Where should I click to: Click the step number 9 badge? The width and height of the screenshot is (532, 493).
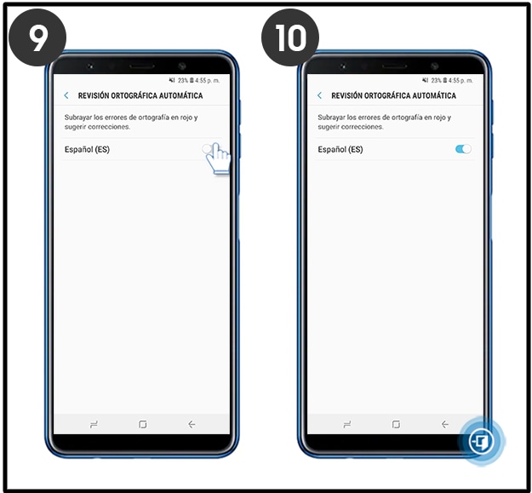(x=37, y=37)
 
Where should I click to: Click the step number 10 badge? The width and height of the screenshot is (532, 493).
(x=290, y=37)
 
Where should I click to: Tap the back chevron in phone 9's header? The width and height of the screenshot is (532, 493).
(x=66, y=95)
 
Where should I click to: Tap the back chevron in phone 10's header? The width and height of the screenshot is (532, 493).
(x=319, y=95)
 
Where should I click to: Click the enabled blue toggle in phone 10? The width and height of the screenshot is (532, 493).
(x=463, y=149)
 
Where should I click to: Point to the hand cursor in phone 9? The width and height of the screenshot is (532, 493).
(x=218, y=158)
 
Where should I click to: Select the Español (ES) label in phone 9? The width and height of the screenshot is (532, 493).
(x=87, y=149)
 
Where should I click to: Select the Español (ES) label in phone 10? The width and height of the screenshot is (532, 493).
(x=340, y=149)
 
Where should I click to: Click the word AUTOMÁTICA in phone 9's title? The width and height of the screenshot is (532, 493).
(x=180, y=95)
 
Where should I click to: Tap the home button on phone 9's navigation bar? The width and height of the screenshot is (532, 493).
(x=143, y=424)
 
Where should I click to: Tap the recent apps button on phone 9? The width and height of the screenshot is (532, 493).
(x=94, y=424)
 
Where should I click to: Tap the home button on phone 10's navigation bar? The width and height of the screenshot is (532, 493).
(x=396, y=424)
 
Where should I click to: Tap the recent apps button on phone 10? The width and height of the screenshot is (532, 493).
(x=347, y=424)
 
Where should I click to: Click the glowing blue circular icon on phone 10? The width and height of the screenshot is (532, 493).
(x=482, y=441)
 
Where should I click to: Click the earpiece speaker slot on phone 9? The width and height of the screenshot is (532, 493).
(x=142, y=66)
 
